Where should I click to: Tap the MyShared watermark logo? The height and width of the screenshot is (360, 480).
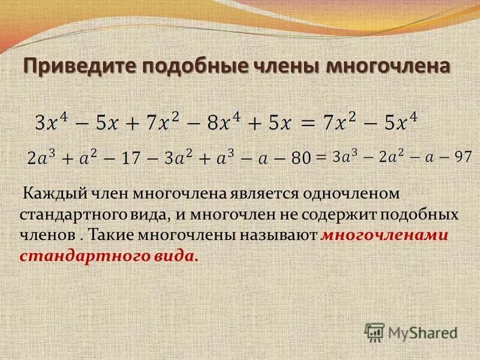(412, 332)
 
